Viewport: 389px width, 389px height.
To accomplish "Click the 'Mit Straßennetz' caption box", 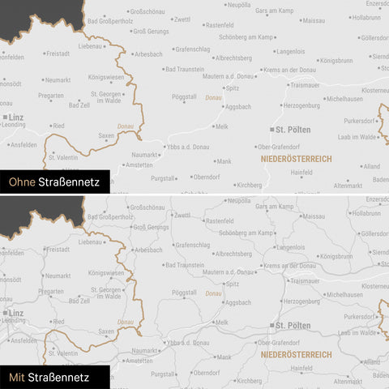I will click(x=54, y=377).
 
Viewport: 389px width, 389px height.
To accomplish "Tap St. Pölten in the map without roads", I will click(x=292, y=129).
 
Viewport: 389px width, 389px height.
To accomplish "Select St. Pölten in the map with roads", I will click(x=292, y=325).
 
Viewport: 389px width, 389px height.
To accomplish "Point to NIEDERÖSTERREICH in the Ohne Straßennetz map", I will click(x=296, y=159).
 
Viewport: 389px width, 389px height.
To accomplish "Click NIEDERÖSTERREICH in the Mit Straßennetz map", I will click(x=296, y=354).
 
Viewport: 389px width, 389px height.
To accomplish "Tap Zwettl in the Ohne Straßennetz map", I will click(x=182, y=19).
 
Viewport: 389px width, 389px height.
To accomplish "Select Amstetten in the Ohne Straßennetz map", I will click(x=139, y=165).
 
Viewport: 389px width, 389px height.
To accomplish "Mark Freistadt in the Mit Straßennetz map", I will click(x=58, y=250).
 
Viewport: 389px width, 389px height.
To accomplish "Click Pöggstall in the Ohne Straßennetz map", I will click(x=184, y=96).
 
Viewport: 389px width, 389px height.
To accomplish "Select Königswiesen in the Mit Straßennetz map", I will click(x=105, y=272).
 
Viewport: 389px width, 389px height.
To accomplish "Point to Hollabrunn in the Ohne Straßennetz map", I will click(x=366, y=17).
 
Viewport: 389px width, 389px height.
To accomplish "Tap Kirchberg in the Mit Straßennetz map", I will click(x=250, y=379).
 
